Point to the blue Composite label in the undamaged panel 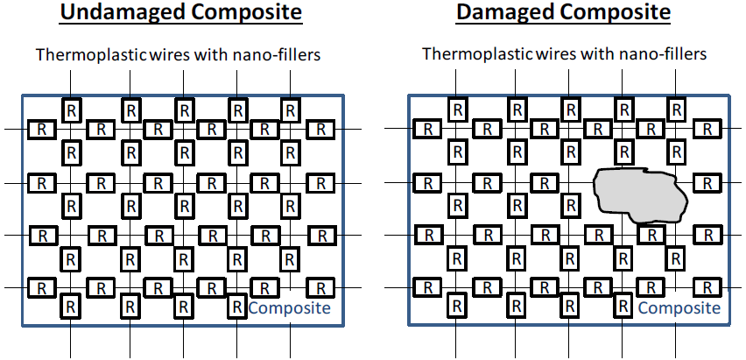tap(290, 307)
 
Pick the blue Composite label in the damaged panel tap(679, 307)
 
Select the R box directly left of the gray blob tap(543, 183)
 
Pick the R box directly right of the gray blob tap(706, 183)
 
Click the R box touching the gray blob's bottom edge tap(651, 235)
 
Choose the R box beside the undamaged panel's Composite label tap(236, 307)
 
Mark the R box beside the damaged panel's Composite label tap(623, 307)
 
